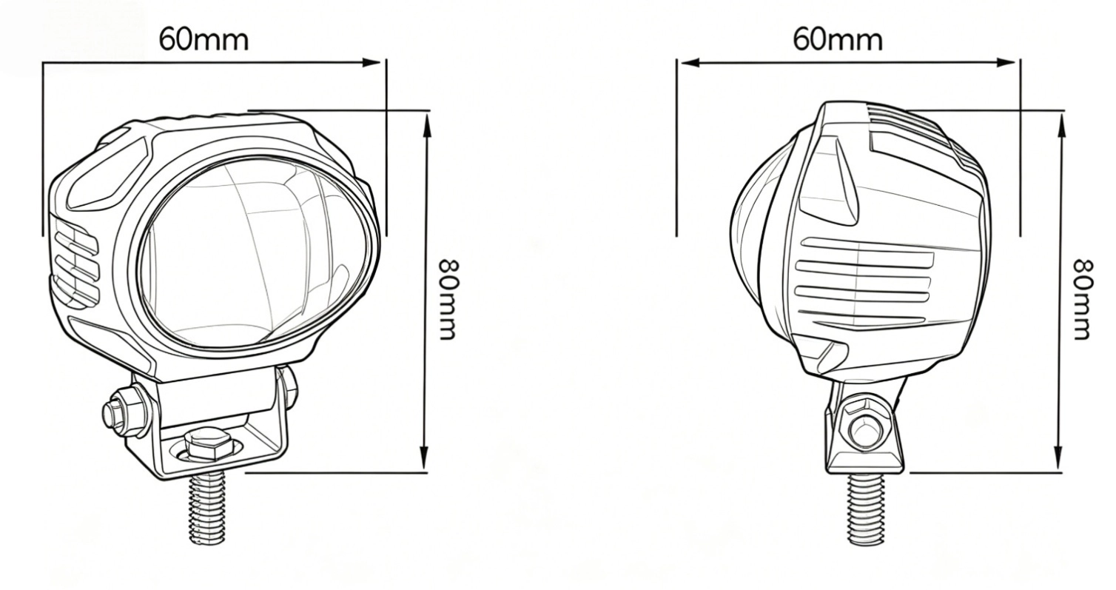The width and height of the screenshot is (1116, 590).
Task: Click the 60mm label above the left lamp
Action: [204, 40]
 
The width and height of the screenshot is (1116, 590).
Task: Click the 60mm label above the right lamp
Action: [838, 40]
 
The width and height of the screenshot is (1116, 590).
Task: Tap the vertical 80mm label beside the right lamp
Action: [1083, 300]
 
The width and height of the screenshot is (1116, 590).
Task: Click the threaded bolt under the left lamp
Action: [207, 506]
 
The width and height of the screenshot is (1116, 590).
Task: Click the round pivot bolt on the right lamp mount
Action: [866, 428]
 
